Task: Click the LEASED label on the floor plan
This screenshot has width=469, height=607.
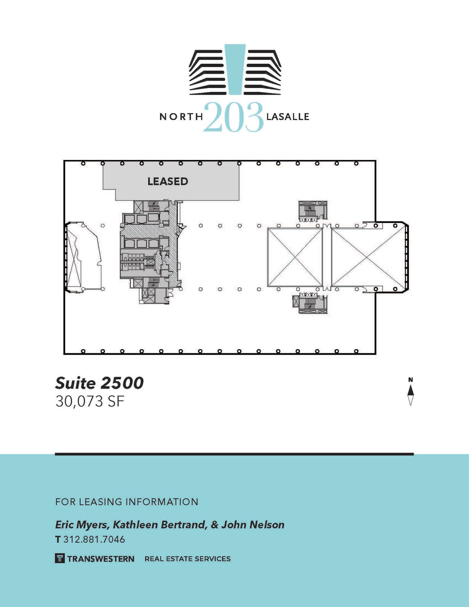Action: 168,181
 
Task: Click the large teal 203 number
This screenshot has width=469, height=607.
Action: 233,117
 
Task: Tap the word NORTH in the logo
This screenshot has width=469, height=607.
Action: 181,117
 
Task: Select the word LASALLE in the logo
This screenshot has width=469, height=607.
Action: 288,117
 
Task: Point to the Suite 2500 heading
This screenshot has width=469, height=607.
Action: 99,383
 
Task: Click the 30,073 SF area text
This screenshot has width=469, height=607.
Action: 89,402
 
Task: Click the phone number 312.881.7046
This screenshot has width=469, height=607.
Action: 94,539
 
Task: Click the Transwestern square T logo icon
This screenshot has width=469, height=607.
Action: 60,559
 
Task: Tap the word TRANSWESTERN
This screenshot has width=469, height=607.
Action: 101,559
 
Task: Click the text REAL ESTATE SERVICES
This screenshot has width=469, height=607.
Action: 187,559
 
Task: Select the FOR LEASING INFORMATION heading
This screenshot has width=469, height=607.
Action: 127,502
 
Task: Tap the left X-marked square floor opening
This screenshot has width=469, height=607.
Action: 294,257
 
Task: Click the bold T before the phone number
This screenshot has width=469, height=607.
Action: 58,539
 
